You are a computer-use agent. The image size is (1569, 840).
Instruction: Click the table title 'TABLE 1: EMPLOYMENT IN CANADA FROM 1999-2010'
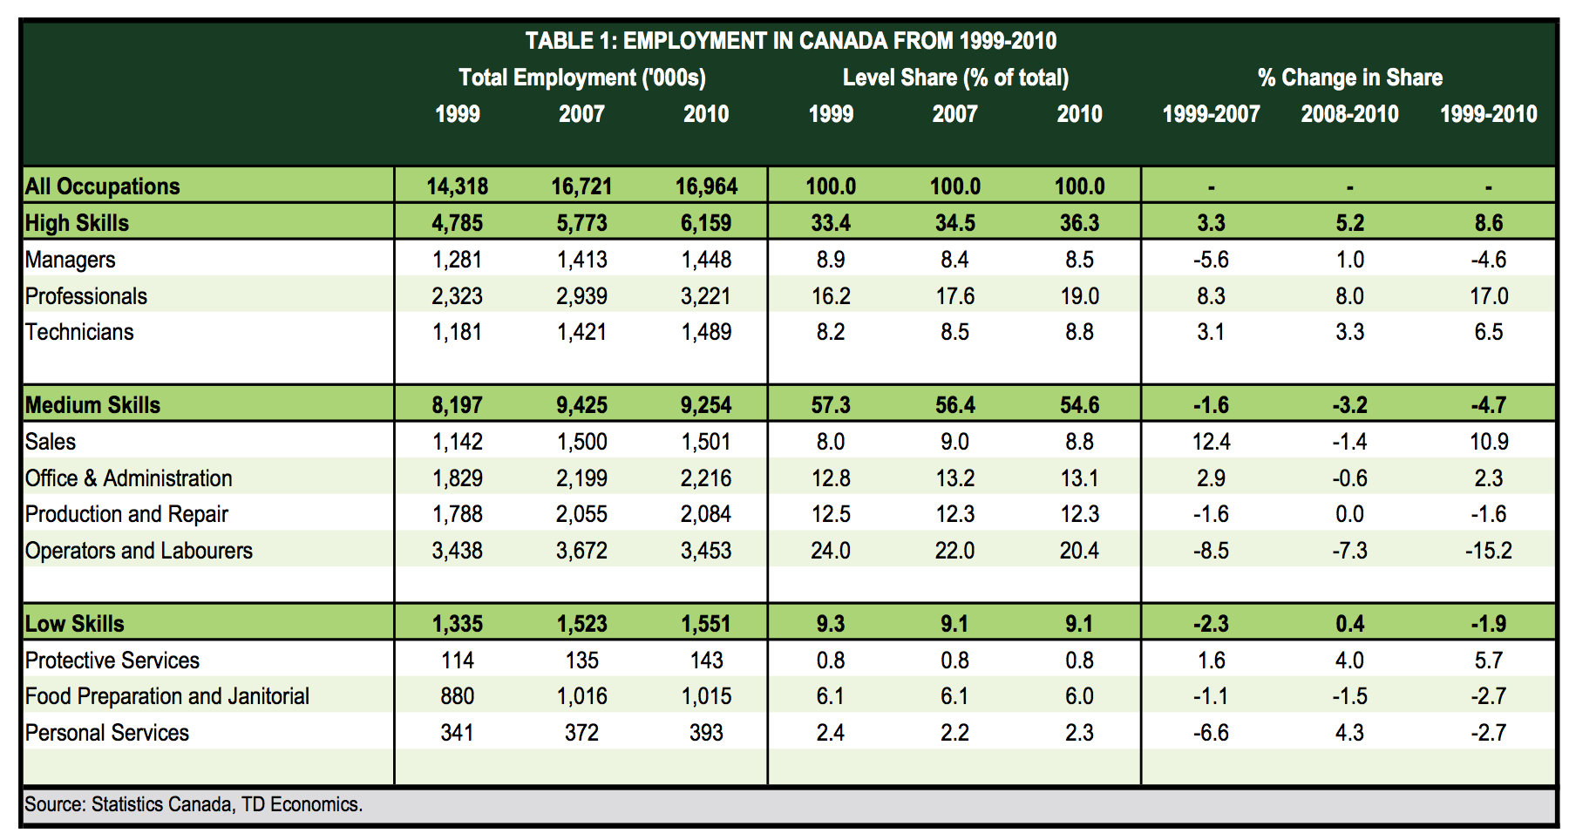coord(790,41)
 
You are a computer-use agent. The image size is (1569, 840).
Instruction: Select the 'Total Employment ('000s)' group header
coord(581,78)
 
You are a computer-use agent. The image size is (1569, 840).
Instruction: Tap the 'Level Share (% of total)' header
coord(955,78)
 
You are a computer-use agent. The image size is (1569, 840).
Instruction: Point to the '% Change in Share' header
coord(1349,78)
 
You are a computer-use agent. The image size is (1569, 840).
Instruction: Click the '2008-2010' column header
coord(1349,114)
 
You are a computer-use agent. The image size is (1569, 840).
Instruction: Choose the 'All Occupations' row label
coord(102,186)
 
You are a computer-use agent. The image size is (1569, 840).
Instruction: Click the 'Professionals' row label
coord(85,296)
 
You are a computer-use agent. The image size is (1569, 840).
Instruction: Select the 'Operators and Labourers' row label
coord(139,551)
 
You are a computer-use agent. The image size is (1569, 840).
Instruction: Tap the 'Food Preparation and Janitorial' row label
coord(166,696)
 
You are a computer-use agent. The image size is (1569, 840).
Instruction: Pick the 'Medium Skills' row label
coord(92,405)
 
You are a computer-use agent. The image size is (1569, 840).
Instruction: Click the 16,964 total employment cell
coord(706,186)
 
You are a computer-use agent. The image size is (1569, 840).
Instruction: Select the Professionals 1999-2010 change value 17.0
coord(1488,296)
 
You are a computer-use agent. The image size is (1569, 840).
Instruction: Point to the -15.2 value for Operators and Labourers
coord(1488,551)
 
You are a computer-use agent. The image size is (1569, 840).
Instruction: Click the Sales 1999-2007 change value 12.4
coord(1211,442)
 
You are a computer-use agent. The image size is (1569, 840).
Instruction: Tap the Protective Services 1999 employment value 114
coord(457,660)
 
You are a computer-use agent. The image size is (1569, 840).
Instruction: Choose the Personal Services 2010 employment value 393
coord(706,733)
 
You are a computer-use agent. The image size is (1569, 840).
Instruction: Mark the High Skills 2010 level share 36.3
coord(1079,223)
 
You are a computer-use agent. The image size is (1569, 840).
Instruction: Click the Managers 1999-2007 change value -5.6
coord(1211,260)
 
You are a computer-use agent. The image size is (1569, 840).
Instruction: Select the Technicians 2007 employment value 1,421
coord(581,332)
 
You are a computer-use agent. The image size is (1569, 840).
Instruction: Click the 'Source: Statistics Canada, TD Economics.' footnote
coord(193,804)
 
